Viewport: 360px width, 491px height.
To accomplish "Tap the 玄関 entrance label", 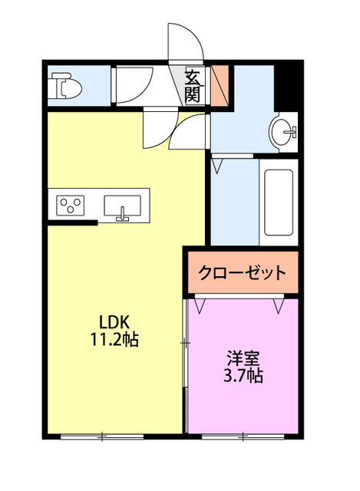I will coord(192,85).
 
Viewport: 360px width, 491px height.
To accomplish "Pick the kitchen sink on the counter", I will coord(122,206).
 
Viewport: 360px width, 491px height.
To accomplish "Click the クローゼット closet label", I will coord(242,272).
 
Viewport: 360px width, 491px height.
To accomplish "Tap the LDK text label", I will coord(117,321).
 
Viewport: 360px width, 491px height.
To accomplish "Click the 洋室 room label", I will coord(243,358).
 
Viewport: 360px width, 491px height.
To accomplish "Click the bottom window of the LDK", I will coord(102,437).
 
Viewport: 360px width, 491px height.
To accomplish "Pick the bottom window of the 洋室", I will coord(243,437).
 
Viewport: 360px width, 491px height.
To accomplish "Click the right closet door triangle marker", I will coord(279,306).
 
